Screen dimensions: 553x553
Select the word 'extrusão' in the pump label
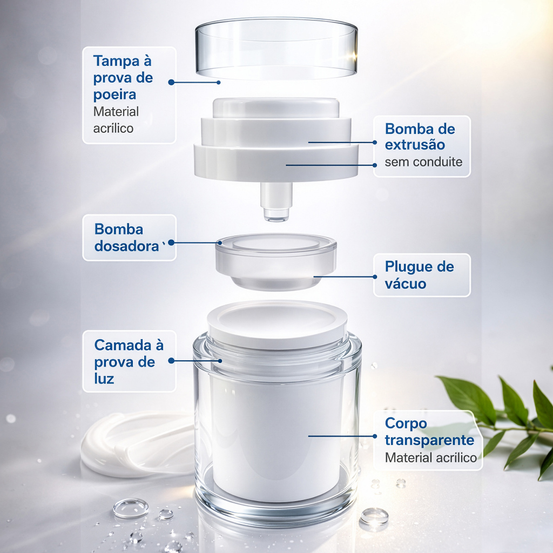[415, 145]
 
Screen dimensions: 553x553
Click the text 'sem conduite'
[423, 162]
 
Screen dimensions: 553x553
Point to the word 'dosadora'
[126, 246]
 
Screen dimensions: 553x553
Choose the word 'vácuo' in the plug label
[406, 284]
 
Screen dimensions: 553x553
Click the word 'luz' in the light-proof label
[104, 379]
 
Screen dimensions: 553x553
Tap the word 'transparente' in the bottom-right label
[429, 440]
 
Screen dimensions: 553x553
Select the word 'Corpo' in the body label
[406, 423]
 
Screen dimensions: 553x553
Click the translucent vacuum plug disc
[276, 261]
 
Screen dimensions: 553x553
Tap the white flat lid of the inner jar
[277, 324]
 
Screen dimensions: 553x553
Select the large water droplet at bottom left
[131, 508]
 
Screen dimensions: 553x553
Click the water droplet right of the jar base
[374, 517]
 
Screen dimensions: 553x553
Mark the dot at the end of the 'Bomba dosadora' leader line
[171, 242]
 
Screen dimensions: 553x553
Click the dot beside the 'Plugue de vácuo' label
[375, 277]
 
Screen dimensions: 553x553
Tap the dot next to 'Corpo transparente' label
[375, 436]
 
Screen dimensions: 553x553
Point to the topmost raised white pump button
[276, 107]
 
